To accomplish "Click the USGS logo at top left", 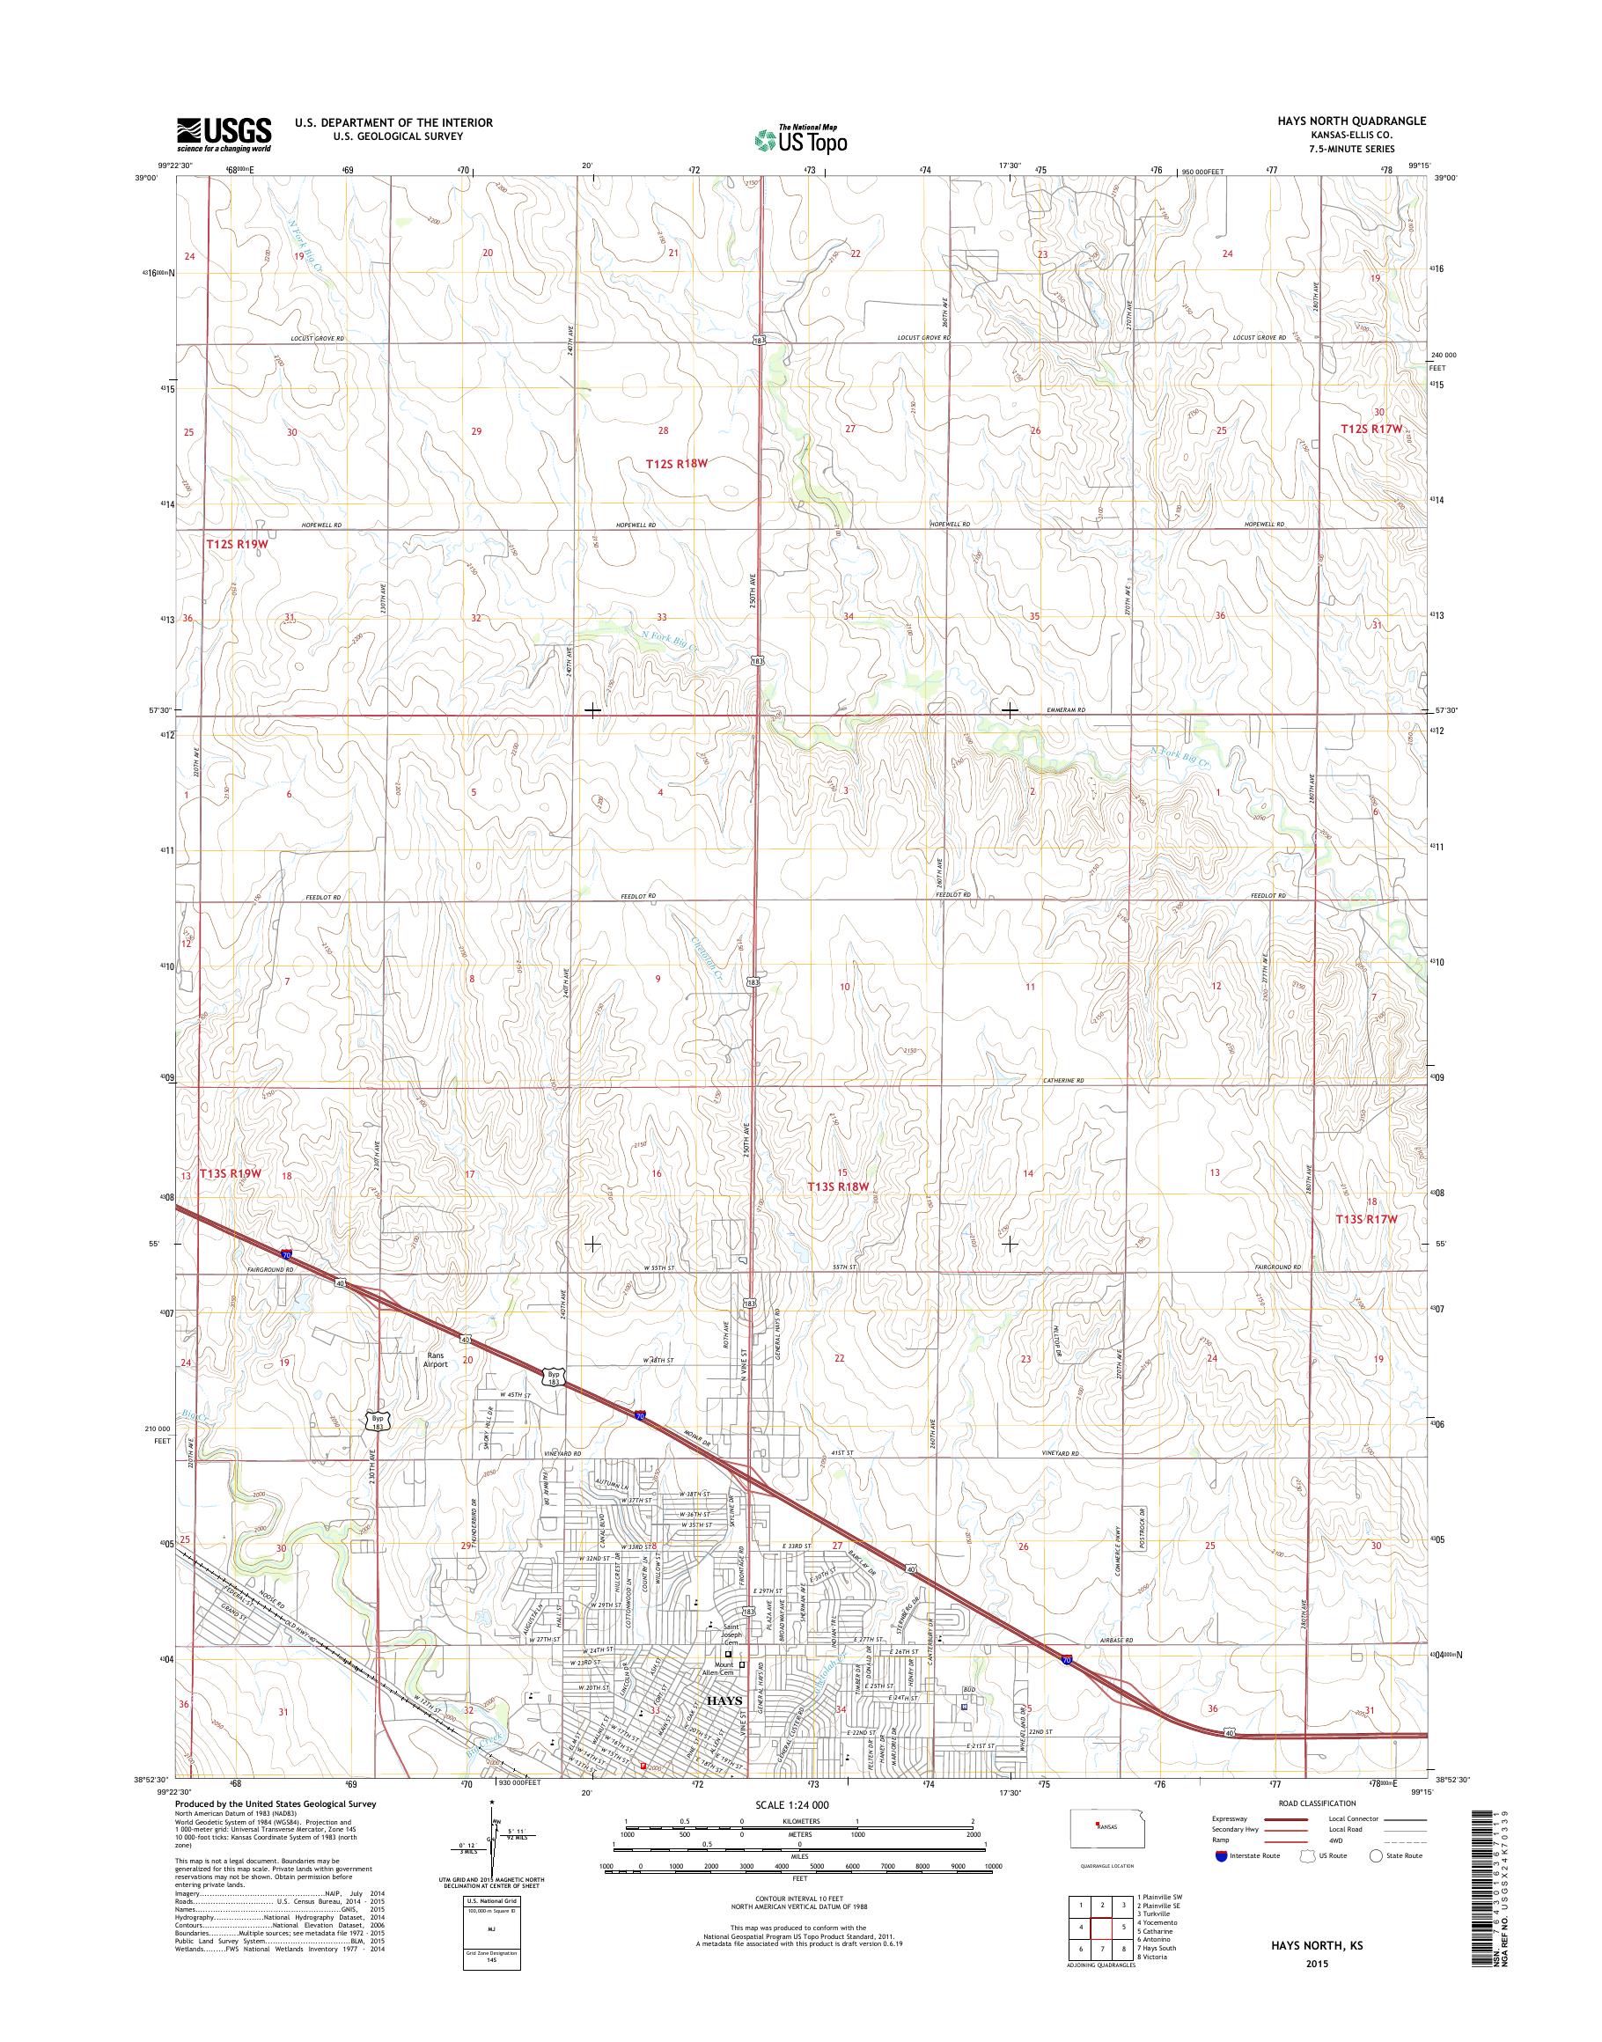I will click(224, 134).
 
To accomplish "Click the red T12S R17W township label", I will click(1371, 429).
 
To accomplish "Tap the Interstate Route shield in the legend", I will click(1219, 1855).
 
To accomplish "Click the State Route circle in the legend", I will click(1377, 1855).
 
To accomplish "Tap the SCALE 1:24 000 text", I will click(791, 1804).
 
